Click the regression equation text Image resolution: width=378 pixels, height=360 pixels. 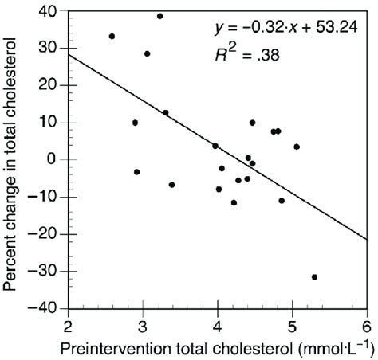pyautogui.click(x=288, y=29)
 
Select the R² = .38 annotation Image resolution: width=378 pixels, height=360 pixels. pyautogui.click(x=246, y=57)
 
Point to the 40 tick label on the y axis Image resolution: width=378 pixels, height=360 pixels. pyautogui.click(x=49, y=11)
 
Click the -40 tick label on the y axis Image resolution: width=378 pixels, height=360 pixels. pyautogui.click(x=45, y=308)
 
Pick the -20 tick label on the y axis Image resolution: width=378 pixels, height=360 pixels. pyautogui.click(x=45, y=234)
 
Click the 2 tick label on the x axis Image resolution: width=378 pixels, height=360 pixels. pyautogui.click(x=68, y=325)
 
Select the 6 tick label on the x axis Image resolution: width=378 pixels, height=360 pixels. pyautogui.click(x=366, y=325)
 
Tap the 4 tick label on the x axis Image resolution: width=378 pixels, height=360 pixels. pyautogui.click(x=217, y=325)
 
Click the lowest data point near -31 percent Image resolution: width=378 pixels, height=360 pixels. pyautogui.click(x=314, y=277)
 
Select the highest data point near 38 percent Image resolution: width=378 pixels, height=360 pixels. pyautogui.click(x=159, y=16)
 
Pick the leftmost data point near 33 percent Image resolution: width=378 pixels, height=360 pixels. pyautogui.click(x=112, y=36)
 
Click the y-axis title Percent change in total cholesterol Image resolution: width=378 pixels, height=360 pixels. pyautogui.click(x=14, y=159)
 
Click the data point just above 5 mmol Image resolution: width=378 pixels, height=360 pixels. pyautogui.click(x=297, y=147)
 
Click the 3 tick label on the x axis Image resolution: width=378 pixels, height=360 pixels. pyautogui.click(x=142, y=325)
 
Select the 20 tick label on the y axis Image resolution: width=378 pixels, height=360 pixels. pyautogui.click(x=49, y=85)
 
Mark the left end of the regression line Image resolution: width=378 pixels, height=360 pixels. pyautogui.click(x=69, y=54)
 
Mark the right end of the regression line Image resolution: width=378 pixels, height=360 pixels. pyautogui.click(x=366, y=239)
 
